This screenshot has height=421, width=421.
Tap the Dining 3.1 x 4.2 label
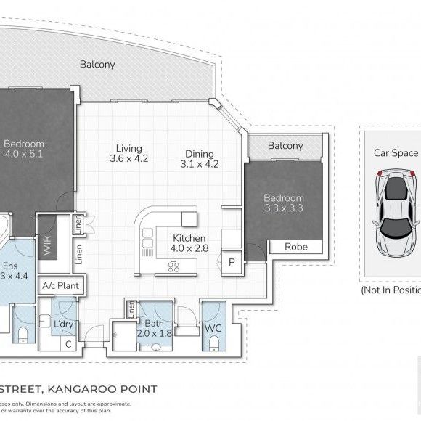(199, 158)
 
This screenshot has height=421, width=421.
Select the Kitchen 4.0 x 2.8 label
(189, 243)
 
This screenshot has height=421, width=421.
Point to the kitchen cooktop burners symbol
(173, 266)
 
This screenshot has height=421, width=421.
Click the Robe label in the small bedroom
(295, 247)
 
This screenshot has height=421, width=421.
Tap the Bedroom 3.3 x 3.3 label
(283, 203)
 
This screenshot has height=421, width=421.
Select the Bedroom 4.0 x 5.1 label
(24, 149)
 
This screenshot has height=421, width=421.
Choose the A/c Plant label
(61, 285)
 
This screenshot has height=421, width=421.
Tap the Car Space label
(396, 152)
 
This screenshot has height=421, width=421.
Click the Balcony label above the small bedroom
(285, 145)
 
